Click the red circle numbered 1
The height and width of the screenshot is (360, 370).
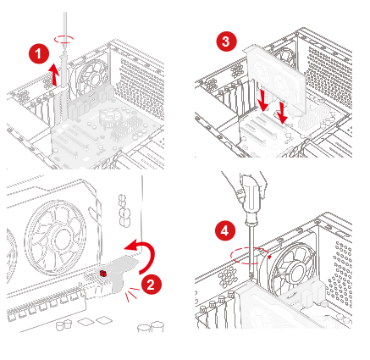[39, 53]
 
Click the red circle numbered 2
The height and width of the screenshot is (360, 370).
[151, 284]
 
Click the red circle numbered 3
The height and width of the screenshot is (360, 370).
[226, 42]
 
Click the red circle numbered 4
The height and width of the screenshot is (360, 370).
[224, 230]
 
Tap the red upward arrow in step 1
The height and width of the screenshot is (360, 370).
[53, 75]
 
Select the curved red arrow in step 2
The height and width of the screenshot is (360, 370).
[149, 254]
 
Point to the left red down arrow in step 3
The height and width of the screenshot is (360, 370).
[262, 100]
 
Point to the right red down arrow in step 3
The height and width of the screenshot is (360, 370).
[282, 114]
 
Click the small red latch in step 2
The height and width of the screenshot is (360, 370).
[103, 274]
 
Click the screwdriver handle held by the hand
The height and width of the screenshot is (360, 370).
[251, 199]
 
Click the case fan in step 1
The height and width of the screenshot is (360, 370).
[91, 77]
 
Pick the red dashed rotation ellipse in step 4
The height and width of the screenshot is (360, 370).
[249, 256]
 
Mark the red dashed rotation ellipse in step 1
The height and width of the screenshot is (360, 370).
[64, 39]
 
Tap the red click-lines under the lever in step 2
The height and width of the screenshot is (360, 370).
[132, 294]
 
